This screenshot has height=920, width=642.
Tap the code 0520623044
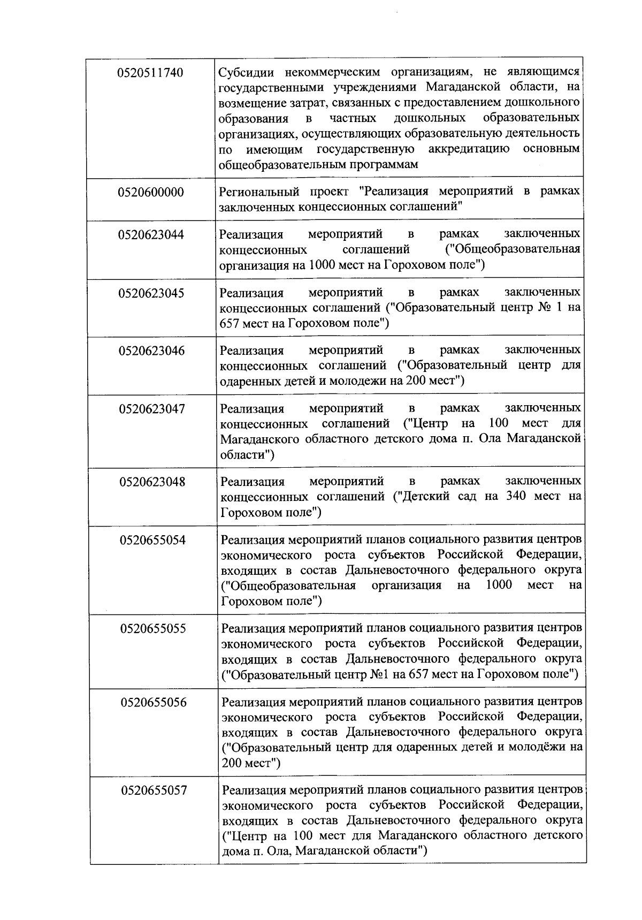[x=151, y=235]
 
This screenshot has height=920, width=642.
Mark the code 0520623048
[x=152, y=482]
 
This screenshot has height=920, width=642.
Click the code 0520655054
[x=153, y=541]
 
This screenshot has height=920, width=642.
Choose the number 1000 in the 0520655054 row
[x=499, y=584]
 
